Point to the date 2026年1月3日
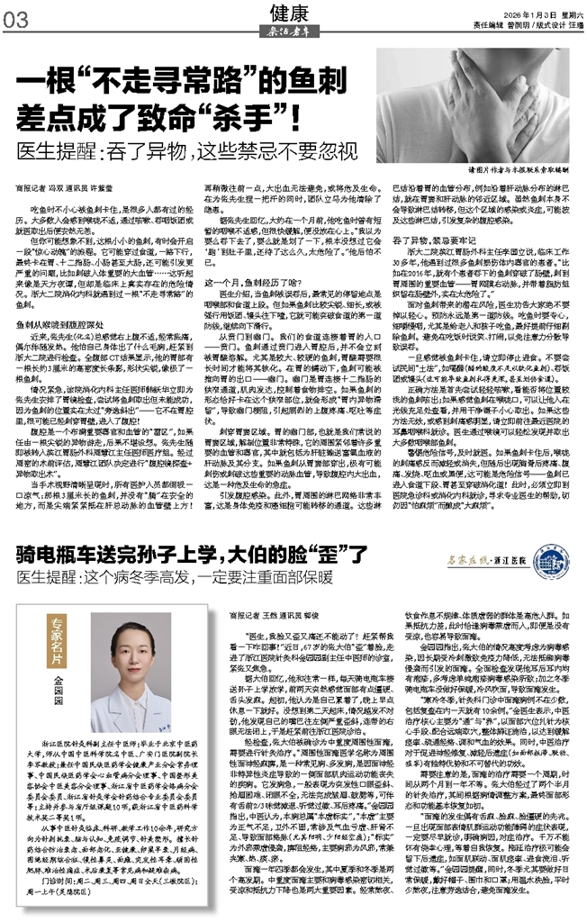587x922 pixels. (516, 14)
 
